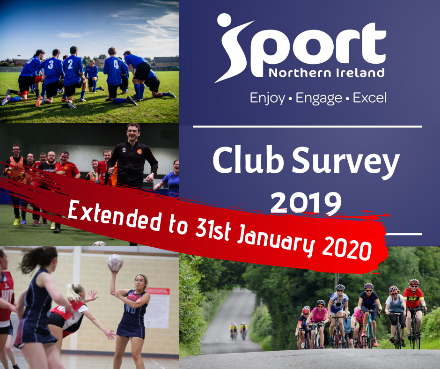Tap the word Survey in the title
[x=346, y=163]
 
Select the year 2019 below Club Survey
[x=306, y=202]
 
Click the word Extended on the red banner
[x=115, y=216]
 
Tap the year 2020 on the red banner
[x=347, y=248]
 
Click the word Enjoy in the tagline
[x=267, y=98]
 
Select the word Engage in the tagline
[x=319, y=98]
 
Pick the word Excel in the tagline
[x=370, y=97]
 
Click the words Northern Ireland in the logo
[x=326, y=73]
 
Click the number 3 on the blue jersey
[x=51, y=65]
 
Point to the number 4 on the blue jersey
[x=116, y=64]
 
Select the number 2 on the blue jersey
[x=70, y=64]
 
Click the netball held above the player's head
[x=115, y=263]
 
